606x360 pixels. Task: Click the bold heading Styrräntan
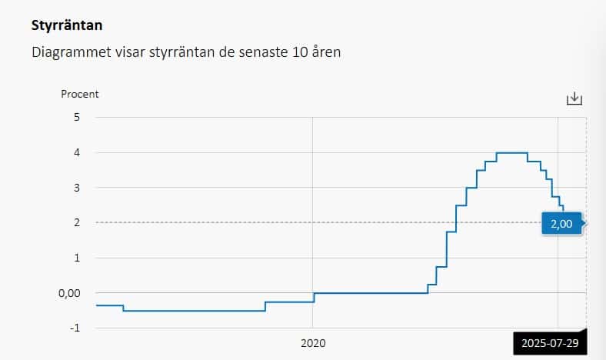[x=67, y=25]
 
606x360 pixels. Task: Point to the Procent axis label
[x=80, y=94]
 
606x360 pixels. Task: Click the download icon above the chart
[x=574, y=98]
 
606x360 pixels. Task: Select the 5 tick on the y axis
[x=76, y=117]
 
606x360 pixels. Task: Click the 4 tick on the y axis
[x=76, y=152]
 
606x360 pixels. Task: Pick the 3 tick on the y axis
[x=76, y=188]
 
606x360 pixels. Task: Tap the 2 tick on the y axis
[x=76, y=222]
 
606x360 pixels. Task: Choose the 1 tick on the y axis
[x=76, y=258]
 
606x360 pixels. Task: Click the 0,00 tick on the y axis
[x=71, y=293]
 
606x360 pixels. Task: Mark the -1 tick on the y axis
[x=74, y=328]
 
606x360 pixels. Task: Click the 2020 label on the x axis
[x=313, y=344]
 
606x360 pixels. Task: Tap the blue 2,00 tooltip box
[x=562, y=223]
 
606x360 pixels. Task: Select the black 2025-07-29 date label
[x=549, y=344]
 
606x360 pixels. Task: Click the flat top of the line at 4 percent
[x=511, y=153]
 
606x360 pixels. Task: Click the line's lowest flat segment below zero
[x=192, y=311]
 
